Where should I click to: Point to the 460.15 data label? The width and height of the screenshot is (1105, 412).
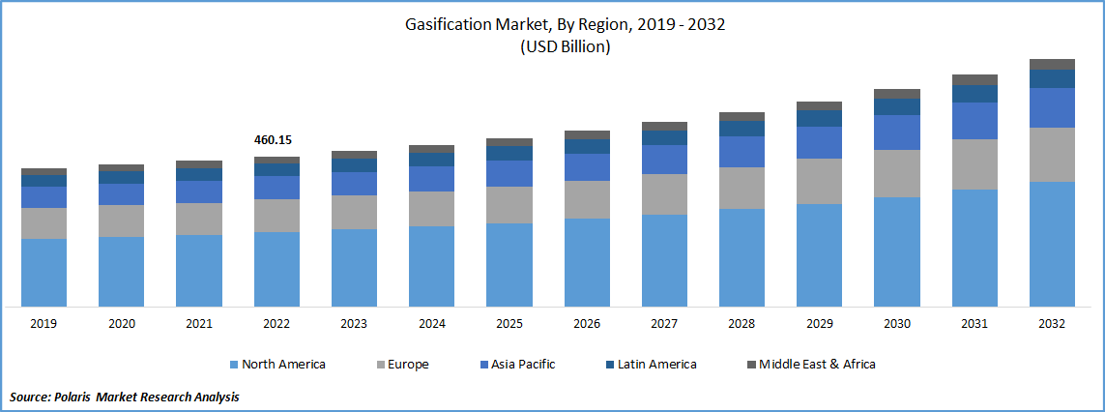click(x=273, y=139)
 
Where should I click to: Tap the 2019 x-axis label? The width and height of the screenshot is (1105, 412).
click(x=44, y=324)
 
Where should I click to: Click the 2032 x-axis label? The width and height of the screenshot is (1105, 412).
click(x=1052, y=324)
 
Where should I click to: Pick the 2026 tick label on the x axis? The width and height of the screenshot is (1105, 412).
click(x=587, y=324)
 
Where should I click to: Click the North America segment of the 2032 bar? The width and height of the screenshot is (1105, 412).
click(x=1052, y=244)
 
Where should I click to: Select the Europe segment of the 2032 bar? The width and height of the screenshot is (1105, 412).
click(x=1052, y=154)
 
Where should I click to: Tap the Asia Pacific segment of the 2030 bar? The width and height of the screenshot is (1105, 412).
click(x=897, y=132)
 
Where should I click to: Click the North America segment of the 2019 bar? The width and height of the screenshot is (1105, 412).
click(x=44, y=273)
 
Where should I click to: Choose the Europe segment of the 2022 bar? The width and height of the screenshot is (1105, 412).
click(x=276, y=216)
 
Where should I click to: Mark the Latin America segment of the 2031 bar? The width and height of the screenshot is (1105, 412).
click(x=974, y=93)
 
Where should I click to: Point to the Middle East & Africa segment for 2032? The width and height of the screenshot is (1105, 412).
click(x=1052, y=64)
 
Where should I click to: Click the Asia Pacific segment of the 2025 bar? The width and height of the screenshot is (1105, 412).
click(x=509, y=173)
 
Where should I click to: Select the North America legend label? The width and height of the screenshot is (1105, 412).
click(x=283, y=365)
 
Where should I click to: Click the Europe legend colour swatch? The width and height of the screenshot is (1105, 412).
click(x=379, y=365)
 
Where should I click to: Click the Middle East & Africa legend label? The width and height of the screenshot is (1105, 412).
click(x=817, y=365)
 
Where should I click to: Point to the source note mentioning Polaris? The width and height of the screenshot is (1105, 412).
click(x=124, y=397)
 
